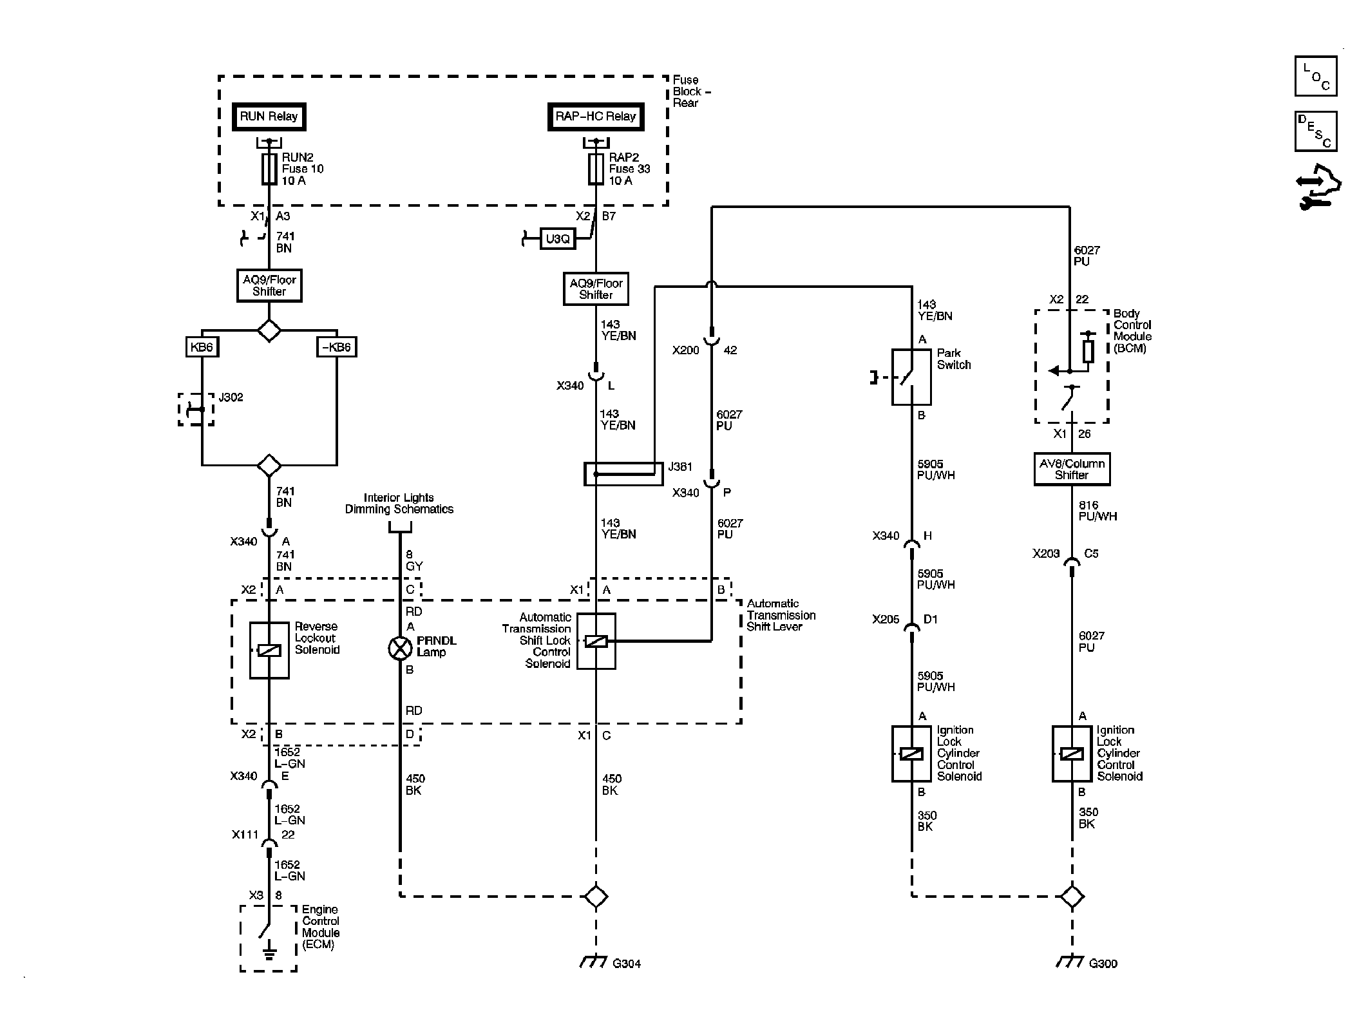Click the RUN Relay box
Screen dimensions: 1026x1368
(x=269, y=117)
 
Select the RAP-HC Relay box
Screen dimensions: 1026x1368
(x=596, y=117)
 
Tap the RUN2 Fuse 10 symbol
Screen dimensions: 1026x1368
(x=269, y=169)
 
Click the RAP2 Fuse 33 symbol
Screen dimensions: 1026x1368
(x=596, y=169)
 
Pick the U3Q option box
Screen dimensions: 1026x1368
(x=557, y=239)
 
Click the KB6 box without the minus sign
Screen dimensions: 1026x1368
(x=201, y=347)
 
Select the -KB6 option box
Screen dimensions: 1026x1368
(x=337, y=347)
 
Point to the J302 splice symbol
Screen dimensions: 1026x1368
(x=196, y=409)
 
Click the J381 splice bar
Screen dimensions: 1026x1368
(x=623, y=474)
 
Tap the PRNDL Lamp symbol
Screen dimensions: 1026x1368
(x=400, y=648)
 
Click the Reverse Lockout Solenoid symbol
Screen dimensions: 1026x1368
(x=269, y=651)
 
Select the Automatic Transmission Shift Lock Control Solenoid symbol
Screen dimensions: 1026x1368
(x=596, y=641)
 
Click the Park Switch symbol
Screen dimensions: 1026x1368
(x=911, y=377)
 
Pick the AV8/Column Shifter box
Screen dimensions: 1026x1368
(x=1072, y=469)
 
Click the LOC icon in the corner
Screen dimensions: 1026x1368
(x=1315, y=76)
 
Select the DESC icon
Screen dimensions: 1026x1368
(x=1315, y=131)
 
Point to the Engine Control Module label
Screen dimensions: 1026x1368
(x=320, y=927)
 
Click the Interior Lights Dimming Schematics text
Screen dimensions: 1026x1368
(x=399, y=504)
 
